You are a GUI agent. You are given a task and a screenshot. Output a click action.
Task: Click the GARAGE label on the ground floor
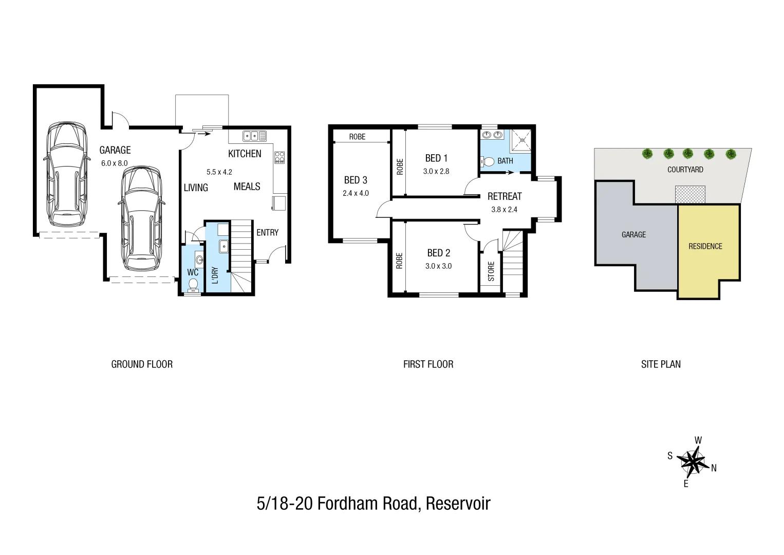coord(115,150)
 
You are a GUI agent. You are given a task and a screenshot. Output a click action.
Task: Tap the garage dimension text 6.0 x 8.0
coord(114,163)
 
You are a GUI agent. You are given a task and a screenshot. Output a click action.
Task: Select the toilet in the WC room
coord(193,284)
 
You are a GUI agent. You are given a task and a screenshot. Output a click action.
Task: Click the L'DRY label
coord(215,275)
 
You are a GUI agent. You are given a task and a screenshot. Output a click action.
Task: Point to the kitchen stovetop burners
coord(279,157)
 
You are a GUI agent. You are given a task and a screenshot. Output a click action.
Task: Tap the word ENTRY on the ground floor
coord(267,233)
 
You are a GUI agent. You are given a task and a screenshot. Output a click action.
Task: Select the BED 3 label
coord(356,180)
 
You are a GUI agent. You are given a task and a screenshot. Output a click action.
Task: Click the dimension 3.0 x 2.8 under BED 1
coord(436,172)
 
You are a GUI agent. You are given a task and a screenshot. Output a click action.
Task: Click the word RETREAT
coord(504,196)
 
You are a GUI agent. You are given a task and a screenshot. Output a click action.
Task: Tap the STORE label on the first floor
coord(491,271)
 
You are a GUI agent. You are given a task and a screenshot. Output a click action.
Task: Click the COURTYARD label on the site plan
coord(685,170)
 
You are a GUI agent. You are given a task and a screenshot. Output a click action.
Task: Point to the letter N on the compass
coord(714,468)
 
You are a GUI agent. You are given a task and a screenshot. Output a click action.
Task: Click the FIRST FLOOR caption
coord(428,364)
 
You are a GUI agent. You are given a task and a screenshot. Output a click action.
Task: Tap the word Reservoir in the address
coord(458,503)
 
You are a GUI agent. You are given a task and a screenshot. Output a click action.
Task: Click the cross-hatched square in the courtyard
coord(690,194)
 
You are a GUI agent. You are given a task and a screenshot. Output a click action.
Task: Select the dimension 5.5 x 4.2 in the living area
coord(219,172)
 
